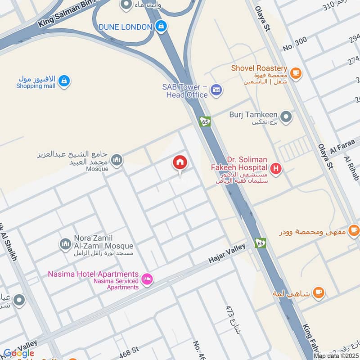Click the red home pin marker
pyautogui.click(x=180, y=163)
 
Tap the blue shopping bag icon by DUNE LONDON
pyautogui.click(x=161, y=27)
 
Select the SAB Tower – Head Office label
pyautogui.click(x=185, y=91)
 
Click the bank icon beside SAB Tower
pyautogui.click(x=216, y=89)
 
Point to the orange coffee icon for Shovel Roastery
pyautogui.click(x=296, y=72)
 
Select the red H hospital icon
pyautogui.click(x=276, y=169)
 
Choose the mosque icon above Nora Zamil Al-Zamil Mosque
pyautogui.click(x=66, y=244)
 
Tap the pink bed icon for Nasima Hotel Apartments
pyautogui.click(x=147, y=280)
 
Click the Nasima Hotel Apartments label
pyautogui.click(x=93, y=274)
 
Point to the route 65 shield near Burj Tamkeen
pyautogui.click(x=205, y=121)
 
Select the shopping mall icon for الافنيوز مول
pyautogui.click(x=64, y=81)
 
